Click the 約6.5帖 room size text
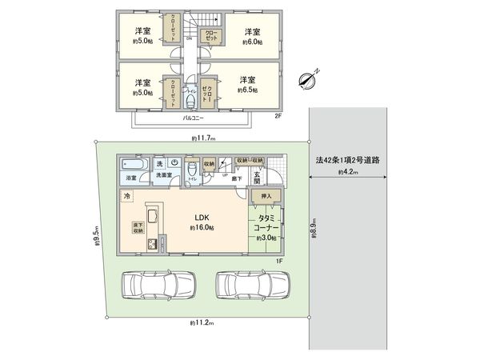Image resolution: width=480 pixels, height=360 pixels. click(x=247, y=90)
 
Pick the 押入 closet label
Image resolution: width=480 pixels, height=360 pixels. click(x=266, y=196)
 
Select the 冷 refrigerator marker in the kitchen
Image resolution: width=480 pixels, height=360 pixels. click(x=127, y=195)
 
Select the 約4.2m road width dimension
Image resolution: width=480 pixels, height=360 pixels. click(x=347, y=171)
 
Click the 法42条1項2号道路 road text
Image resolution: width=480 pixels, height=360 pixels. click(x=347, y=160)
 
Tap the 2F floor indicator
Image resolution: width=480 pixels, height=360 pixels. click(x=278, y=116)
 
